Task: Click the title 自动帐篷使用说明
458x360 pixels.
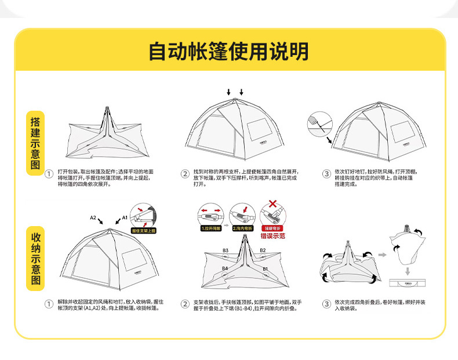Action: [x=228, y=52]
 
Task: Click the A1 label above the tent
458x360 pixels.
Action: [x=124, y=218]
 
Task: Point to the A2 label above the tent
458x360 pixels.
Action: [x=93, y=218]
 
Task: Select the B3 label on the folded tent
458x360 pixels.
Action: [x=226, y=250]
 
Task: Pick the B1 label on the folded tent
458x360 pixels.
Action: [x=266, y=269]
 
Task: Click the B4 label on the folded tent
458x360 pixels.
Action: [x=225, y=269]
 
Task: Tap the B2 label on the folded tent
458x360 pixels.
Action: [x=263, y=250]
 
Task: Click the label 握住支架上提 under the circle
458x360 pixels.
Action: [x=144, y=231]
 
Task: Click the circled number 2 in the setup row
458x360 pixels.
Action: [x=185, y=173]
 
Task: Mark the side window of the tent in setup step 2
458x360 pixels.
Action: [x=255, y=130]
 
